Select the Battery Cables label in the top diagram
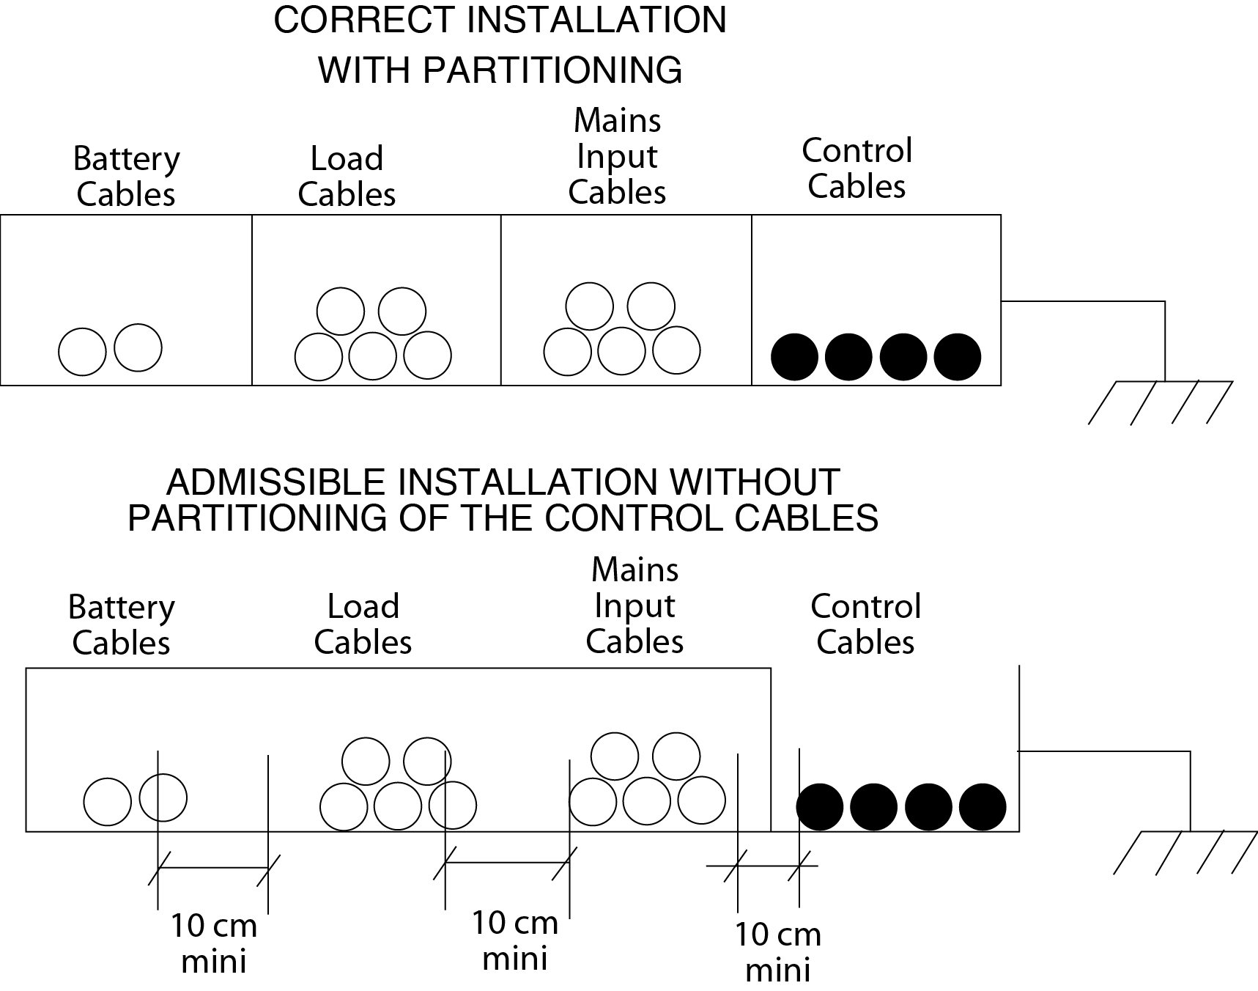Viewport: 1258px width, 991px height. (126, 177)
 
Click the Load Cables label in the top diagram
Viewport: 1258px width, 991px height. (347, 177)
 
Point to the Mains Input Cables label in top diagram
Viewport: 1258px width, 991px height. (617, 156)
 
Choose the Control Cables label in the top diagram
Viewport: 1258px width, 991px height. (856, 169)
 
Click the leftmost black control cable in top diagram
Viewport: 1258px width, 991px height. (794, 357)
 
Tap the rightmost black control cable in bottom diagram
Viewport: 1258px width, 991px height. (983, 807)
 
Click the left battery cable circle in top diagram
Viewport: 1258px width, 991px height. (82, 352)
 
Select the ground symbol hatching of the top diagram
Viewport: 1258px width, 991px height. (1160, 402)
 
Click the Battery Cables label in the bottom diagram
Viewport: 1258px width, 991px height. (122, 625)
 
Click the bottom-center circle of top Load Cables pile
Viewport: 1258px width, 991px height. (372, 356)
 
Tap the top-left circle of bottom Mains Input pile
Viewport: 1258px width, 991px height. (614, 756)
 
